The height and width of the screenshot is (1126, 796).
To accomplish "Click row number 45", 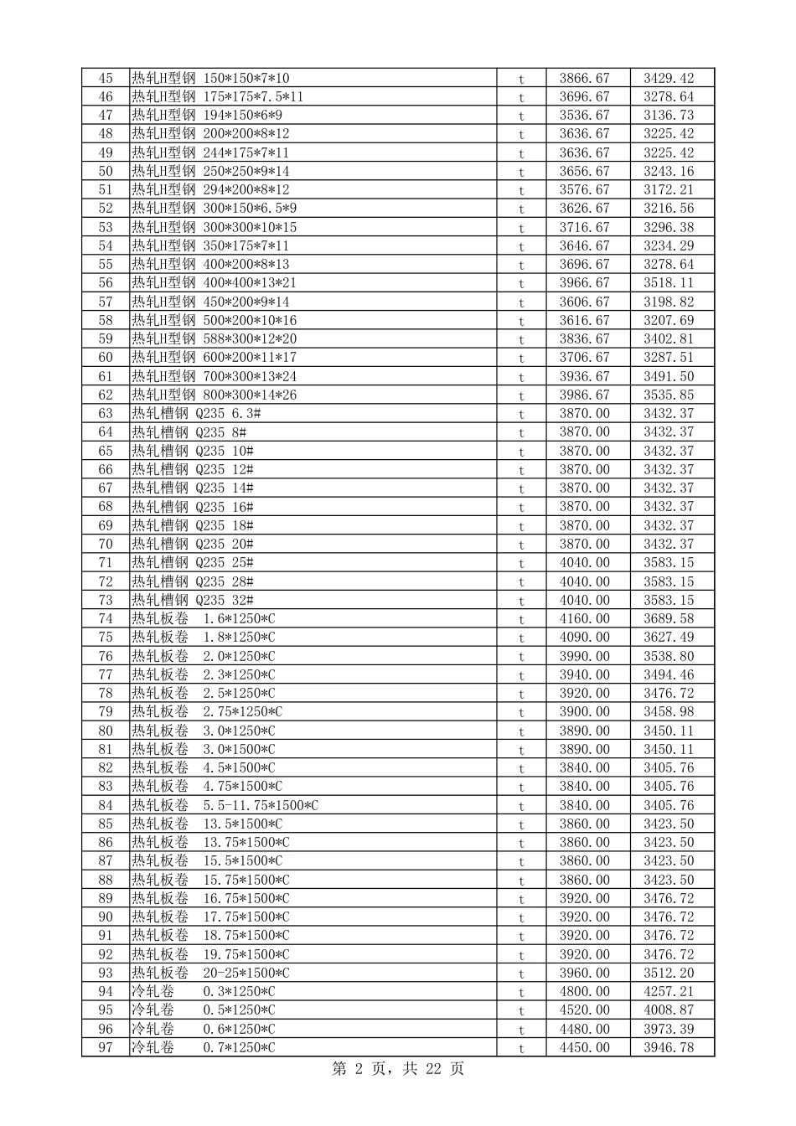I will (x=105, y=78).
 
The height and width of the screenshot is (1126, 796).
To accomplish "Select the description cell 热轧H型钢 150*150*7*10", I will (x=210, y=78).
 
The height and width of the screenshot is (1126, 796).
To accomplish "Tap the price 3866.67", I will (x=585, y=78).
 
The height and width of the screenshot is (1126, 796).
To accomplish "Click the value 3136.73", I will (x=669, y=115).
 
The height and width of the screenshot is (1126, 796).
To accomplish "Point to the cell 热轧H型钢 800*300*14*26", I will (x=214, y=395).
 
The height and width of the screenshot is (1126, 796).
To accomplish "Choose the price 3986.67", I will (x=585, y=395).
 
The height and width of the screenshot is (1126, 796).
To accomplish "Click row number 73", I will (x=105, y=600).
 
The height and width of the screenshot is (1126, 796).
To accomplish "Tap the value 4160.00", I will (x=585, y=618).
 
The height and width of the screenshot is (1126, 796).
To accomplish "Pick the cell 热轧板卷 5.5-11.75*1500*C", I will (x=225, y=805).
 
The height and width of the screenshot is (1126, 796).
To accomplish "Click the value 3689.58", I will (x=669, y=618).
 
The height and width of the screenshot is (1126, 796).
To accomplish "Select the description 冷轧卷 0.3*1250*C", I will (x=203, y=991).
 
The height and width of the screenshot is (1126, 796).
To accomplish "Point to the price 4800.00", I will (x=585, y=991).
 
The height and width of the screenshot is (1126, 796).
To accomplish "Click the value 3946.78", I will (x=669, y=1047).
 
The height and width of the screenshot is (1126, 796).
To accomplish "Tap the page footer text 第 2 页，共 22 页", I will (x=398, y=1068).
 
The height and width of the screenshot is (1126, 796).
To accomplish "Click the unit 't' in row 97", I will (x=521, y=1048).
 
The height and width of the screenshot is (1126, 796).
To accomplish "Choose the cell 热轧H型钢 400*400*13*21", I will (x=214, y=282).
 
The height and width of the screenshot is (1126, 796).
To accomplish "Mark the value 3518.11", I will (x=669, y=282).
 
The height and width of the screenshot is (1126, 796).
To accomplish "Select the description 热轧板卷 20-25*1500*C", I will (x=210, y=973).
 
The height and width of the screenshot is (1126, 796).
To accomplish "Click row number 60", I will (x=105, y=357).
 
